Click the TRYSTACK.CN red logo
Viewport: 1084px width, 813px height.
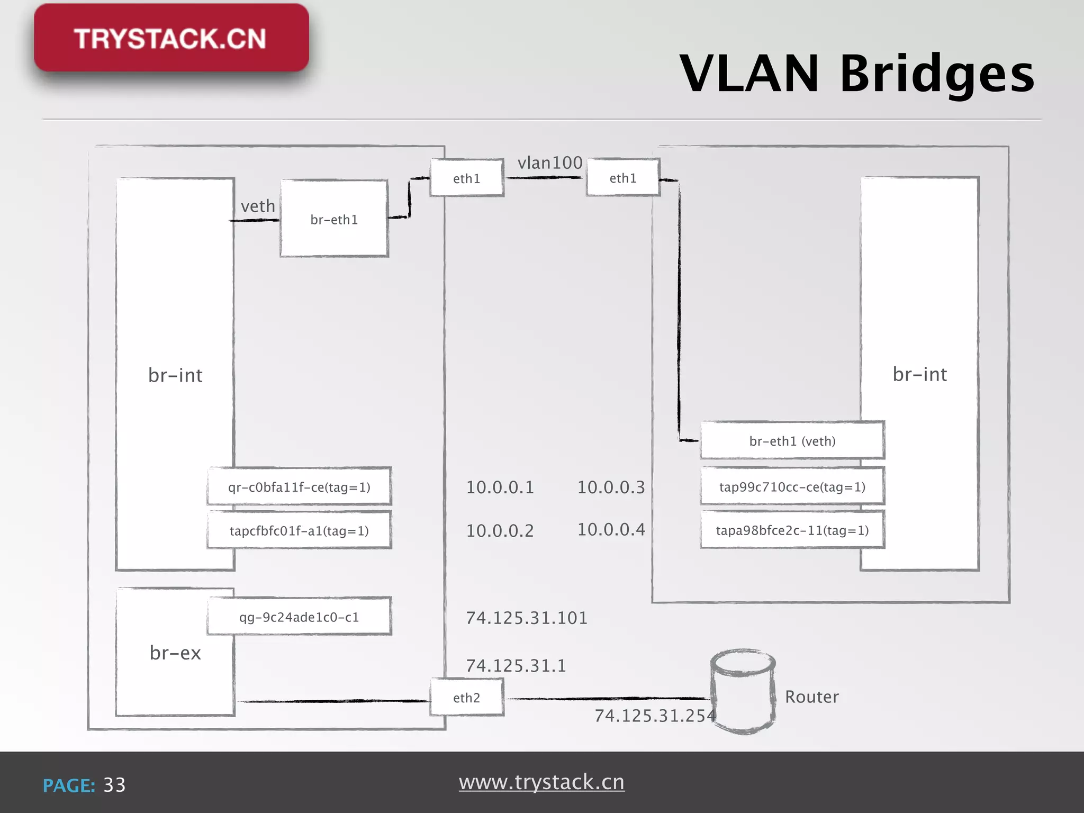[171, 38]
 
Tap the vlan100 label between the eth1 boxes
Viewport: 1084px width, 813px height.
[549, 162]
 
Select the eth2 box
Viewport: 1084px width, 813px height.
[466, 698]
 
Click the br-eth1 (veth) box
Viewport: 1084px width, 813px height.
[792, 441]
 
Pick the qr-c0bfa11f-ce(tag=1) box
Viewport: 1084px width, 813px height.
[299, 486]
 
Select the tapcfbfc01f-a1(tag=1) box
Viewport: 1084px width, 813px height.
[299, 530]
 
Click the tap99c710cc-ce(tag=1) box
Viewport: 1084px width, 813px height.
[792, 486]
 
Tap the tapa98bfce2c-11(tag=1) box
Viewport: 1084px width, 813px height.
[792, 530]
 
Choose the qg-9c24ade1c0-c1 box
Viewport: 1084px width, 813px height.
[299, 617]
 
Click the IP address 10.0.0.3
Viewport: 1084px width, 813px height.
[611, 487]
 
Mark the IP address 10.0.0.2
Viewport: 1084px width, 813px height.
[500, 530]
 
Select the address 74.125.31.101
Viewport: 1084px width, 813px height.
[527, 618]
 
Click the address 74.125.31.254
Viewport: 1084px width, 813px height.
[655, 716]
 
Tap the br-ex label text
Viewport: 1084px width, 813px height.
[175, 653]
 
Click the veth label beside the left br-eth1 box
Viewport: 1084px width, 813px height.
[258, 206]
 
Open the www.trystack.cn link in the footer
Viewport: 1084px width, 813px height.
[541, 782]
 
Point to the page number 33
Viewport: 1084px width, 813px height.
[114, 785]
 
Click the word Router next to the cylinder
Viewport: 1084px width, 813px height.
[811, 697]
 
